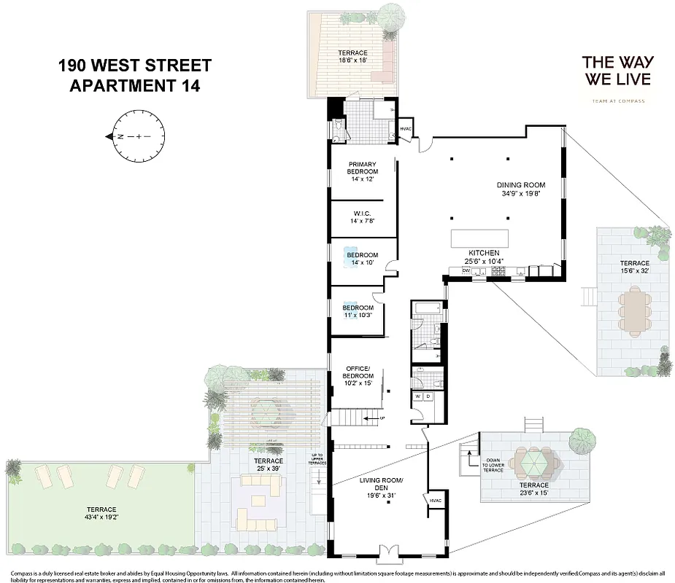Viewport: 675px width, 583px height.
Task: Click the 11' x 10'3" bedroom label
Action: pos(358,312)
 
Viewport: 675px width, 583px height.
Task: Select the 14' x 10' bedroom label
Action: pos(362,259)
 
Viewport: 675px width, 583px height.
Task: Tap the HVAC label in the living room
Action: pos(436,501)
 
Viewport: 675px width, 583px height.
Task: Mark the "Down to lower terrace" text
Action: pos(493,466)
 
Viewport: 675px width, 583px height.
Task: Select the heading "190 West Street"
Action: pos(135,66)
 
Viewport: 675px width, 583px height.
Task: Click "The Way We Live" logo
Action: pos(616,75)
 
